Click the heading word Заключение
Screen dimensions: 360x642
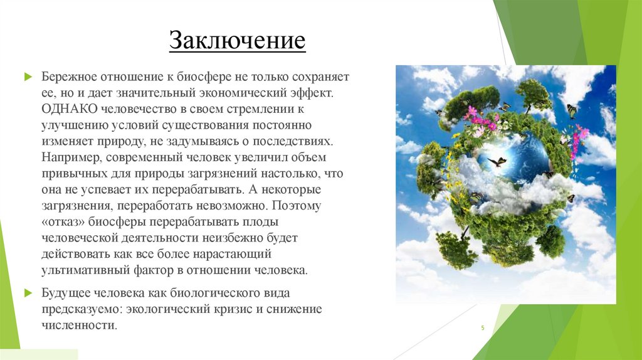237,41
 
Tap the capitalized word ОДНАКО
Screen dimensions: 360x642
65,108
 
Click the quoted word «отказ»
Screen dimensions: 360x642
63,222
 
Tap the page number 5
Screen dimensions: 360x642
483,328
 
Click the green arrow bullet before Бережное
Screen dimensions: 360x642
28,77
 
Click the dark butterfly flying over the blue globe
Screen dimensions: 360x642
497,162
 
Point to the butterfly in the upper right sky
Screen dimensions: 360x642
571,111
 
